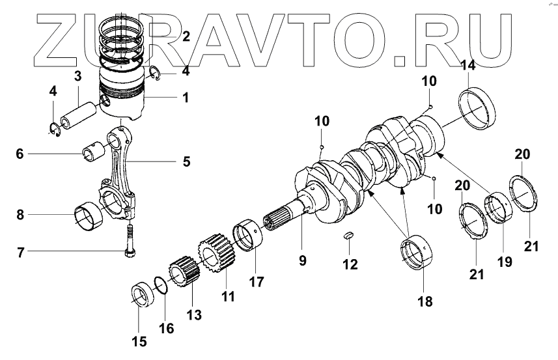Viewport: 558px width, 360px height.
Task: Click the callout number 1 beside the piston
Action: [x=186, y=98]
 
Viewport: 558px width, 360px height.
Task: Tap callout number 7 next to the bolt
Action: [x=21, y=251]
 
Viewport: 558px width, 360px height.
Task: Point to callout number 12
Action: [x=350, y=264]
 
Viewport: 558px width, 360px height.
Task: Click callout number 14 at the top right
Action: [x=467, y=65]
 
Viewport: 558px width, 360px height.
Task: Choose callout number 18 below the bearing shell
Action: [x=425, y=301]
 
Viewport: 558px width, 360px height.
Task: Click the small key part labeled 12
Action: [x=349, y=236]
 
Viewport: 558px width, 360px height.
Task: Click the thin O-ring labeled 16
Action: [x=161, y=284]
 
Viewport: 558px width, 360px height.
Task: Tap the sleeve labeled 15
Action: [x=142, y=295]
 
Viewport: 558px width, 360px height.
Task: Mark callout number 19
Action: [x=505, y=261]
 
